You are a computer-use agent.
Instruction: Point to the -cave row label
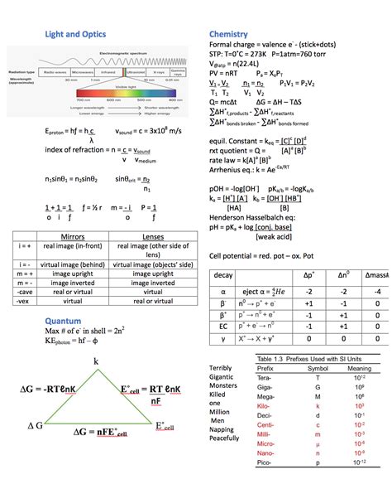pos(25,291)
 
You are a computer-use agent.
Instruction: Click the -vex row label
pos(25,301)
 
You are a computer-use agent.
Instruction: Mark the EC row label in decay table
pos(223,327)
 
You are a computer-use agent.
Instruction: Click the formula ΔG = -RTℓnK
pos(51,388)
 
